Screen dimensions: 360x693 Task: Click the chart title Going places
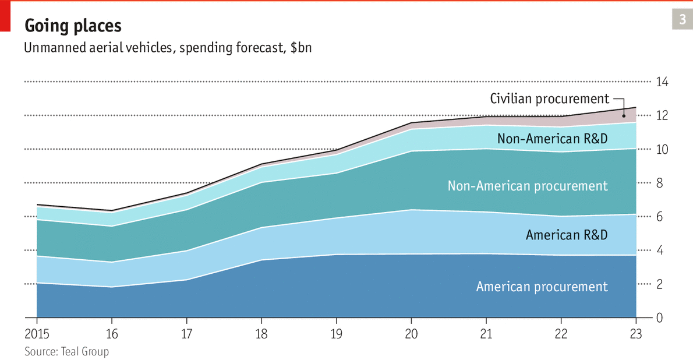point(73,26)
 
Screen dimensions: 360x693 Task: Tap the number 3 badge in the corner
point(682,20)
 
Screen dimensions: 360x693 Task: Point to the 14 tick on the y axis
point(662,82)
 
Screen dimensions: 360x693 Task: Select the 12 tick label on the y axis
point(662,116)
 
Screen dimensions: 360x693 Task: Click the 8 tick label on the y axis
point(659,183)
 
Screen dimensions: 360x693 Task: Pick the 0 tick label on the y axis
point(659,318)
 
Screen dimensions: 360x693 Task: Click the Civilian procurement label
point(549,99)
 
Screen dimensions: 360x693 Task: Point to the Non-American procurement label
point(528,186)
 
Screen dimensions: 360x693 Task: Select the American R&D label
point(567,235)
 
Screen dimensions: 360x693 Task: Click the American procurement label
point(542,287)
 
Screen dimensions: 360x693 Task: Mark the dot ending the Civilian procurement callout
point(624,115)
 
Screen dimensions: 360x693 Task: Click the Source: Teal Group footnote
point(66,351)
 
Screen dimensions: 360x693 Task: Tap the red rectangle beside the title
point(5,16)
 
